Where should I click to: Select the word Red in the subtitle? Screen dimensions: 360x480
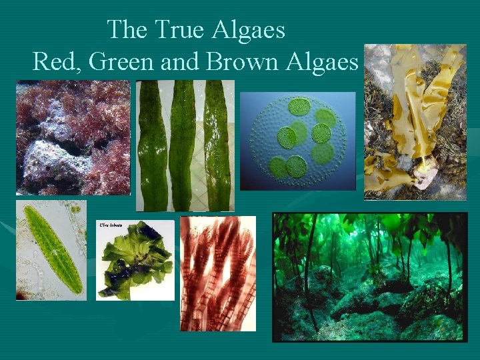[x=51, y=61]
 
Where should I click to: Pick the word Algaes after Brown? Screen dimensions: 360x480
[x=322, y=62]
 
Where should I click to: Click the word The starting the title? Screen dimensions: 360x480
[x=127, y=30]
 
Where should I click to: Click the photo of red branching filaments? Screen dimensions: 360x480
[x=218, y=273]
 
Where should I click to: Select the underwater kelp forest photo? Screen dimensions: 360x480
[x=370, y=277]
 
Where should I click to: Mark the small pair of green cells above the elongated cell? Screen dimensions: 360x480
[x=77, y=209]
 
